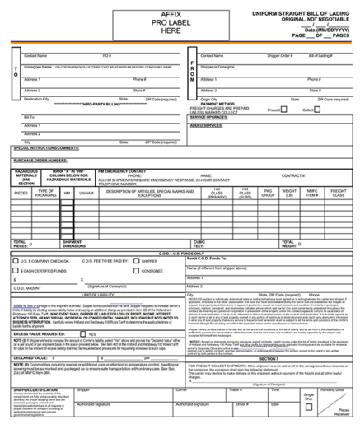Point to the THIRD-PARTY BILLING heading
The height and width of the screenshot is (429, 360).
point(101,105)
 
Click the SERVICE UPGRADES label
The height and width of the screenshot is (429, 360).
point(208,116)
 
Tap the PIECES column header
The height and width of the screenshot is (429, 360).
point(21,193)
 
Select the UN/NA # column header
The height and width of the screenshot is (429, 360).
point(86,193)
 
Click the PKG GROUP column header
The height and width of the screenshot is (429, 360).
point(268,194)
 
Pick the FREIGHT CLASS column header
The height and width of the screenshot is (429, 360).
point(338,194)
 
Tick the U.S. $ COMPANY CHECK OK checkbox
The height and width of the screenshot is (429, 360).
point(16,260)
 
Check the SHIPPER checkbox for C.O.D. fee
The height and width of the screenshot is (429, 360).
point(137,260)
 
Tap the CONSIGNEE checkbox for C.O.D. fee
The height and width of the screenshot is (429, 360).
point(137,270)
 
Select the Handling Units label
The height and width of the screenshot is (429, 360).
point(331,390)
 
